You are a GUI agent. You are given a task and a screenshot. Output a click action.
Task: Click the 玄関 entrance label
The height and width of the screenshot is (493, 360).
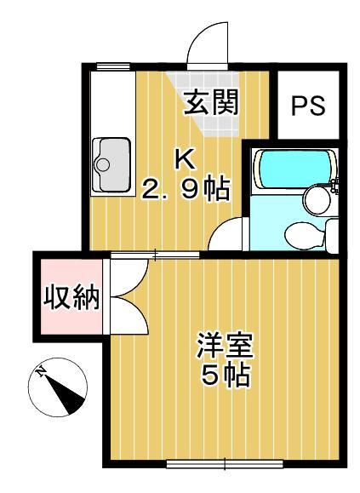pos(211,101)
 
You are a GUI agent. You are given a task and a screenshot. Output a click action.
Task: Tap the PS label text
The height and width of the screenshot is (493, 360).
pos(308,106)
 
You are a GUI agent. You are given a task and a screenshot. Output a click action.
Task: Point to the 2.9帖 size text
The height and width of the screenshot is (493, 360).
pos(186,189)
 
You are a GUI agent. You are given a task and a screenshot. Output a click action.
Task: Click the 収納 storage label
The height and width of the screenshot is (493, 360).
pos(71,298)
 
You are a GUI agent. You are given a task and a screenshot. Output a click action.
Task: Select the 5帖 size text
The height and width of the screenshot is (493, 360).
pos(226,375)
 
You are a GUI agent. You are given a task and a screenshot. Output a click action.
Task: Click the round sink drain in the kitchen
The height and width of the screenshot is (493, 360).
pos(103,164)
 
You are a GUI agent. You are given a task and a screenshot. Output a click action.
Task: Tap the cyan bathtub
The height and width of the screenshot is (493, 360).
pos(294,169)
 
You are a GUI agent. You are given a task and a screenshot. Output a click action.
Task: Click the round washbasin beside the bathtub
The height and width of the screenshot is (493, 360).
pos(317,201)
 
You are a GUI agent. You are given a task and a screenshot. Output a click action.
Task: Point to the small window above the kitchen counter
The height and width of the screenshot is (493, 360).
pos(113,66)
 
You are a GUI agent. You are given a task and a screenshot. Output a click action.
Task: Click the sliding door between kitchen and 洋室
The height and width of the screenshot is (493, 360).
pos(155,255)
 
